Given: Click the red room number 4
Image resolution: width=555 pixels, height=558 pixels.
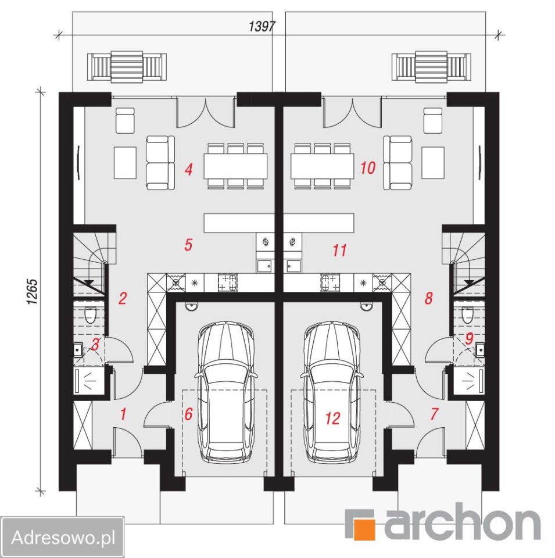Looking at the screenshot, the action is coord(188,169).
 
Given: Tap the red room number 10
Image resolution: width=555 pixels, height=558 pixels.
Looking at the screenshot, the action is coord(367,167).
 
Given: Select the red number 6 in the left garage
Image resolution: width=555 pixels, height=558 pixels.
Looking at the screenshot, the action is coord(188,414).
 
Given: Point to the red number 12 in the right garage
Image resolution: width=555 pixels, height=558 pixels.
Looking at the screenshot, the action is coord(332,419).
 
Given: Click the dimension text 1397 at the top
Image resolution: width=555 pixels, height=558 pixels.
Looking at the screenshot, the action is coord(262,26).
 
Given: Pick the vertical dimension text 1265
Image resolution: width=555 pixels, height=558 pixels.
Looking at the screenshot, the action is coord(32,291).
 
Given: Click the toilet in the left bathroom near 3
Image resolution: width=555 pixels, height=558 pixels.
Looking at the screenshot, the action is coord(91,314).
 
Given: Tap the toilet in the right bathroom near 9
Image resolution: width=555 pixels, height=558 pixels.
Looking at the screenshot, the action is coord(467,314).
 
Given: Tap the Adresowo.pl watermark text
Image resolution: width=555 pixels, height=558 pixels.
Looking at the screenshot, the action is coord(63,537).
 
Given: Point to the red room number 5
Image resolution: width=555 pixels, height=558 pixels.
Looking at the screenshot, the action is coord(188,245).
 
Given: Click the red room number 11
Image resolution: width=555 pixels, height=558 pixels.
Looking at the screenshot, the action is coord(339,251).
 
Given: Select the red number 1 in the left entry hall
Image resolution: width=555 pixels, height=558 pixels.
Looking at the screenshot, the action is coord(123,414).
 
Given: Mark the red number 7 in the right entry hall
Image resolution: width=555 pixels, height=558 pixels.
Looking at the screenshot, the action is coord(434,414).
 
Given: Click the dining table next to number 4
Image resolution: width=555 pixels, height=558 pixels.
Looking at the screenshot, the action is coord(235,166).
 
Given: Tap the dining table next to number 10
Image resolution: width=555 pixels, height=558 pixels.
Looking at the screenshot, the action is coord(323,166).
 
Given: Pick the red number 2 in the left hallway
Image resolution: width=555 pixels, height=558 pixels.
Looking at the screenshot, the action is coord(123,298).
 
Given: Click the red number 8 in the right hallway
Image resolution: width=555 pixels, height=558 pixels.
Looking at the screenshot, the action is coord(429,298).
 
